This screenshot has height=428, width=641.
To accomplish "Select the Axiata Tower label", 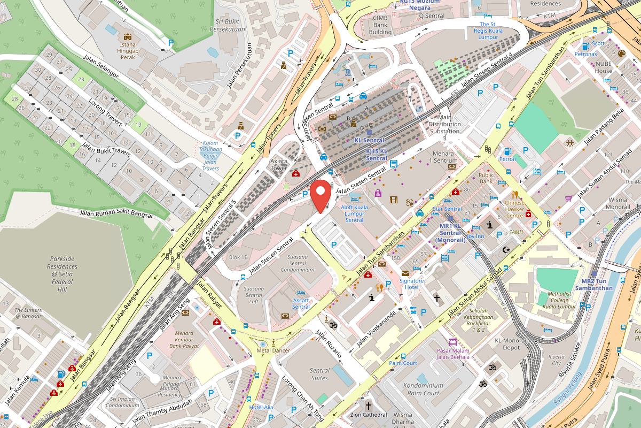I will [279, 164].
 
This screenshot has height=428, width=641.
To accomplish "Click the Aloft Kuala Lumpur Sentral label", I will [354, 213].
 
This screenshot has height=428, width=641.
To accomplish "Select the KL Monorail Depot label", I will [511, 344].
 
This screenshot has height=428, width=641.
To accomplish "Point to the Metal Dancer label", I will [273, 350].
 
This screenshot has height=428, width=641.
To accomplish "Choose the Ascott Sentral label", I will [301, 303].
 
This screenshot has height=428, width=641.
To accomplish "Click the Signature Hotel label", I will [411, 284].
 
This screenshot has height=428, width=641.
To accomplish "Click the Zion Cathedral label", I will [368, 415].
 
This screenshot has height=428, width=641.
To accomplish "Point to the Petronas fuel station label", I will [585, 54].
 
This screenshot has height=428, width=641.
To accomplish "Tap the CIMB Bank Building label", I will [380, 25].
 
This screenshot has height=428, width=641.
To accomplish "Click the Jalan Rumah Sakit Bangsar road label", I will [116, 213].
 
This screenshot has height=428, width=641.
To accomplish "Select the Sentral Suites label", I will [319, 374].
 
